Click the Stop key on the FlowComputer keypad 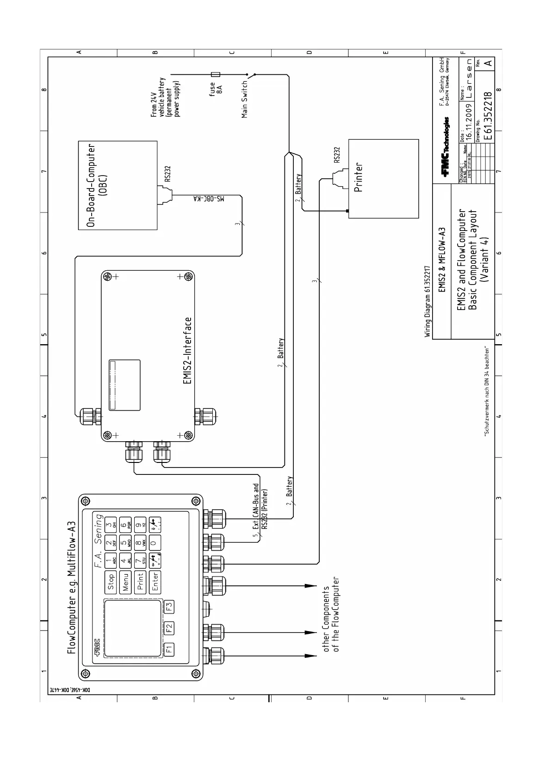(x=111, y=582)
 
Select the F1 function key (x=169, y=649)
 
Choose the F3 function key (x=169, y=606)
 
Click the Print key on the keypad (x=141, y=582)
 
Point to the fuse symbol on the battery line (x=216, y=74)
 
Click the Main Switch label (x=245, y=99)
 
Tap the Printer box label (x=359, y=177)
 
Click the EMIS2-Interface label (x=188, y=353)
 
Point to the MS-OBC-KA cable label (x=208, y=199)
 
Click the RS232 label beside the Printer (x=337, y=155)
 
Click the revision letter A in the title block (x=487, y=62)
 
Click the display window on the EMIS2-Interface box (x=124, y=385)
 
